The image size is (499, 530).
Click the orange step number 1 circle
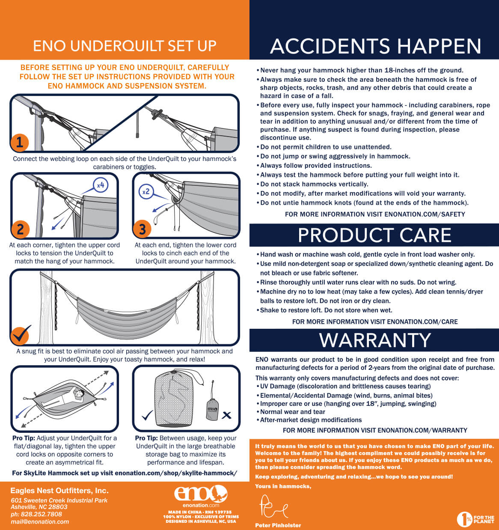(x=20, y=143)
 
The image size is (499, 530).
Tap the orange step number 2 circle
(x=20, y=229)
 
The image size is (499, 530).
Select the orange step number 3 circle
(x=142, y=229)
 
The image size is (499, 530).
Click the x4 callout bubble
(x=101, y=185)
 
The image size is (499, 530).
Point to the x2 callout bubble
(x=146, y=192)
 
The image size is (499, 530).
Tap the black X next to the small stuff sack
(x=226, y=415)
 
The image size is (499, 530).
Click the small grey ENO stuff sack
(x=212, y=408)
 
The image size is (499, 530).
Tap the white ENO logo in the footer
(x=201, y=494)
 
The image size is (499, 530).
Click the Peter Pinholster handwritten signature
(x=273, y=506)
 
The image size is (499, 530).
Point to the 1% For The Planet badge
(x=475, y=519)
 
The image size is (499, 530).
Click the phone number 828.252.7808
(x=42, y=514)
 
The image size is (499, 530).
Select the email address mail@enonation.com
(x=40, y=521)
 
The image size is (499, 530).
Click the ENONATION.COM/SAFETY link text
(x=425, y=214)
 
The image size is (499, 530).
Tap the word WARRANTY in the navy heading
(x=374, y=340)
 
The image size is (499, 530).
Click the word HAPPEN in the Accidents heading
(x=439, y=46)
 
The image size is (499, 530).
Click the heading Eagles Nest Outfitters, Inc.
(x=59, y=491)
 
